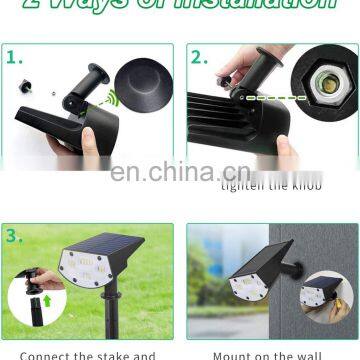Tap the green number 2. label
(200, 57)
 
